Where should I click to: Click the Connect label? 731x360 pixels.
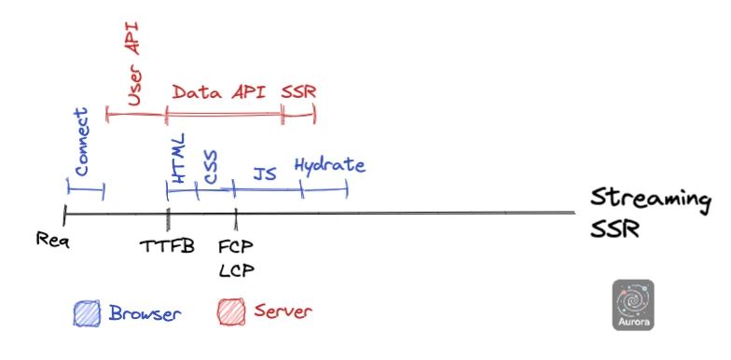pyautogui.click(x=81, y=143)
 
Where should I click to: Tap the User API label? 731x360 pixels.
pyautogui.click(x=133, y=66)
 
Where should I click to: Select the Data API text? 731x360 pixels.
pyautogui.click(x=218, y=92)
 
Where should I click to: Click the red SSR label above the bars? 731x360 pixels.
pyautogui.click(x=298, y=92)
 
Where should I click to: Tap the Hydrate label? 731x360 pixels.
pyautogui.click(x=329, y=166)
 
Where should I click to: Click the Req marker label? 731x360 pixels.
pyautogui.click(x=53, y=239)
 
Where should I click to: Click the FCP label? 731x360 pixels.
pyautogui.click(x=236, y=247)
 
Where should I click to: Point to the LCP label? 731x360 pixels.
pyautogui.click(x=236, y=270)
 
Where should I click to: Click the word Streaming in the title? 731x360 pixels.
pyautogui.click(x=650, y=200)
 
